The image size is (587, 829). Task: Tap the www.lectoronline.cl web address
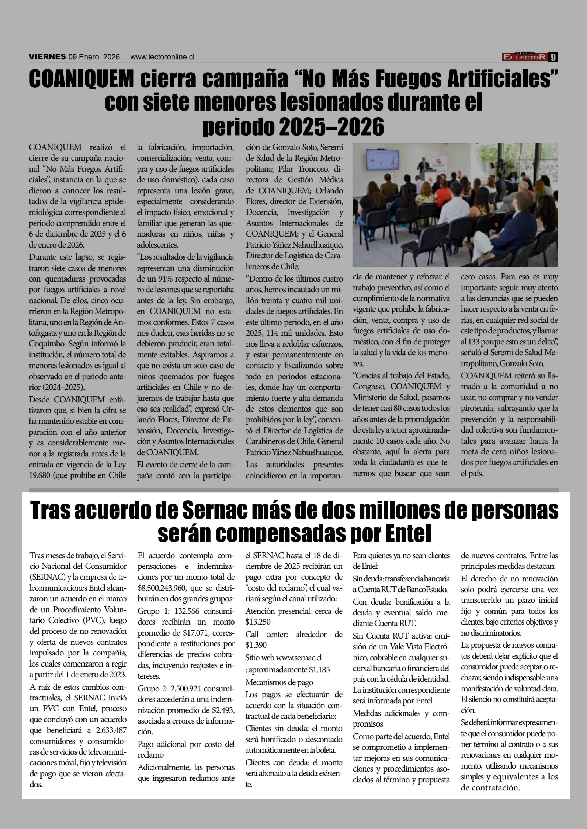(162, 57)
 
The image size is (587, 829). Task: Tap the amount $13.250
(258, 622)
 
